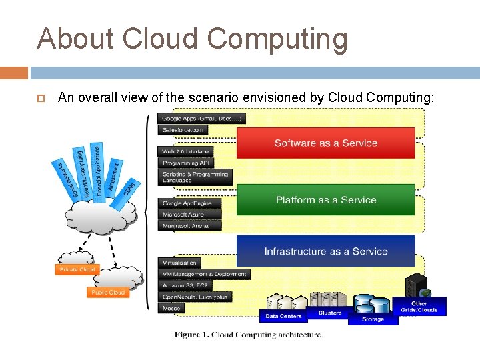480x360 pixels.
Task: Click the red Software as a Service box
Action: coord(325,143)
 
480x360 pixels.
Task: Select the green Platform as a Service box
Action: coord(325,200)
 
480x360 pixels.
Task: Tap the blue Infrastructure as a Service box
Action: coord(325,251)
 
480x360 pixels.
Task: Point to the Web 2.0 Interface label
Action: coord(185,151)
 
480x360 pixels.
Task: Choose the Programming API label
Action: coord(185,163)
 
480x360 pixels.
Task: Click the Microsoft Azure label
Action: coord(183,215)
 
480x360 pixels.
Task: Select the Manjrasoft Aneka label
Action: coord(185,226)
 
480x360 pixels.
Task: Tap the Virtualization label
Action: coord(179,263)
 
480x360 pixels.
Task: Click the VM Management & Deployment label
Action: coord(204,274)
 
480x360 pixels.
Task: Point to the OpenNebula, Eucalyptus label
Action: coord(195,297)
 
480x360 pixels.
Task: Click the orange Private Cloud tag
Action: coord(77,269)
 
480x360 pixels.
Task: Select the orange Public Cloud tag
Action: coord(107,293)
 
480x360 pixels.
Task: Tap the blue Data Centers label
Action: coord(283,316)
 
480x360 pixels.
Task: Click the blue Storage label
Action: coord(373,319)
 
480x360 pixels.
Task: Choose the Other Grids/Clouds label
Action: coord(419,307)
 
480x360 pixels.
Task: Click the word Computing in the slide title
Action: coord(277,39)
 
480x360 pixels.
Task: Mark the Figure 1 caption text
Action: coord(249,335)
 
